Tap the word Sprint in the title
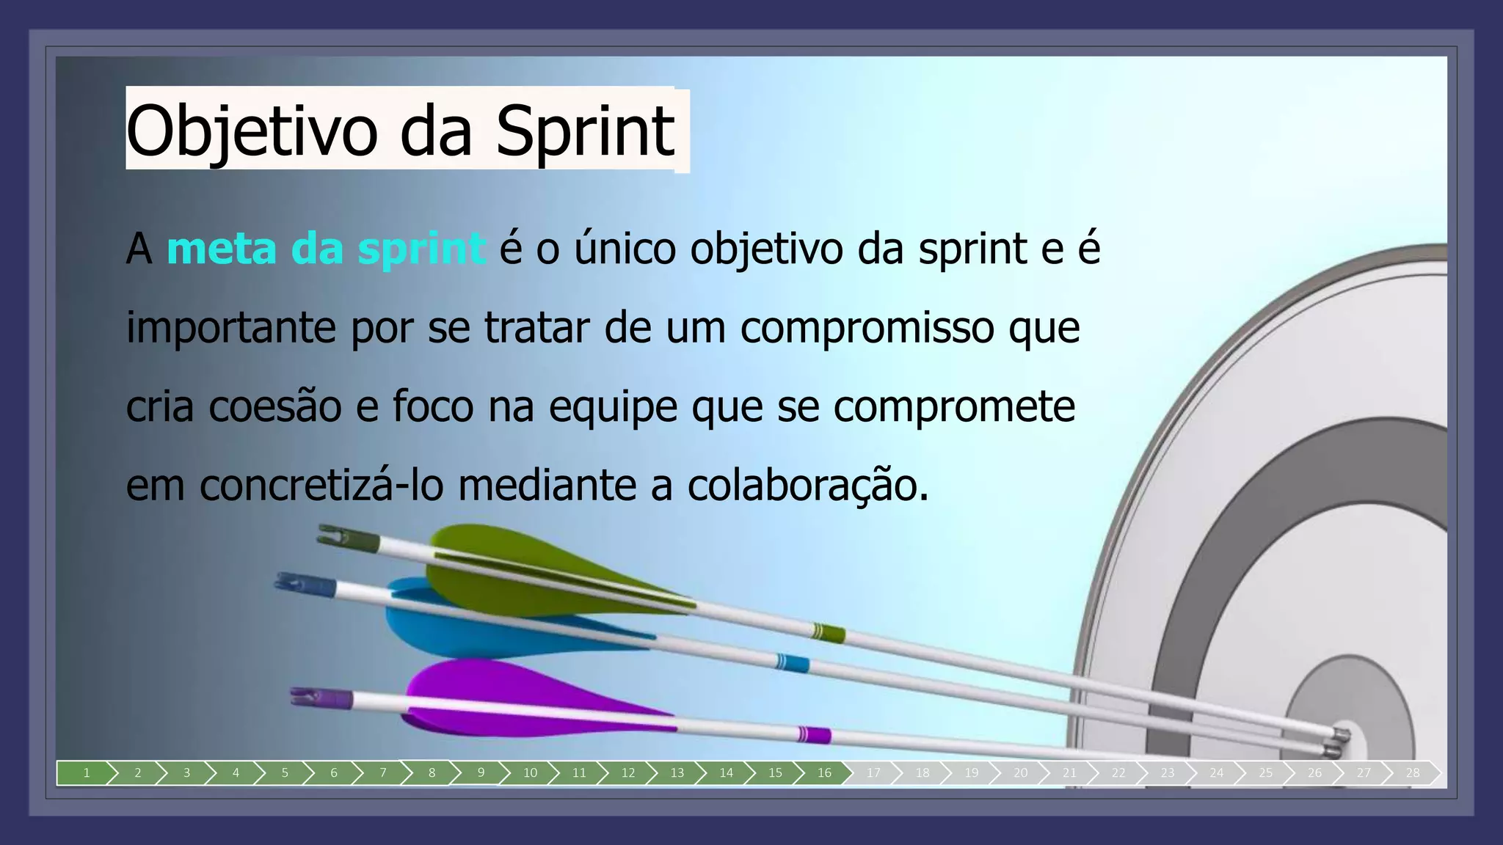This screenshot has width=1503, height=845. click(x=584, y=132)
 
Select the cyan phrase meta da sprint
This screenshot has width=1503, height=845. click(x=325, y=249)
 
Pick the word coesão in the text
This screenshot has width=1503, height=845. click(x=274, y=406)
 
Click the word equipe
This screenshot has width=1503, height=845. click(x=613, y=406)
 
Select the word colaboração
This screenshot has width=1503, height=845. click(x=807, y=485)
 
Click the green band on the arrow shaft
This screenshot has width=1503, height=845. click(x=828, y=632)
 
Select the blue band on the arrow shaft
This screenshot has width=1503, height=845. click(x=793, y=663)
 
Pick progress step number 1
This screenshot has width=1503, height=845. click(x=86, y=772)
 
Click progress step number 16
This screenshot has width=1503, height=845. click(x=824, y=772)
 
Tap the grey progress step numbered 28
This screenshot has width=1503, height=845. click(x=1412, y=772)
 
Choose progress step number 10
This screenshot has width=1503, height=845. click(x=530, y=772)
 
